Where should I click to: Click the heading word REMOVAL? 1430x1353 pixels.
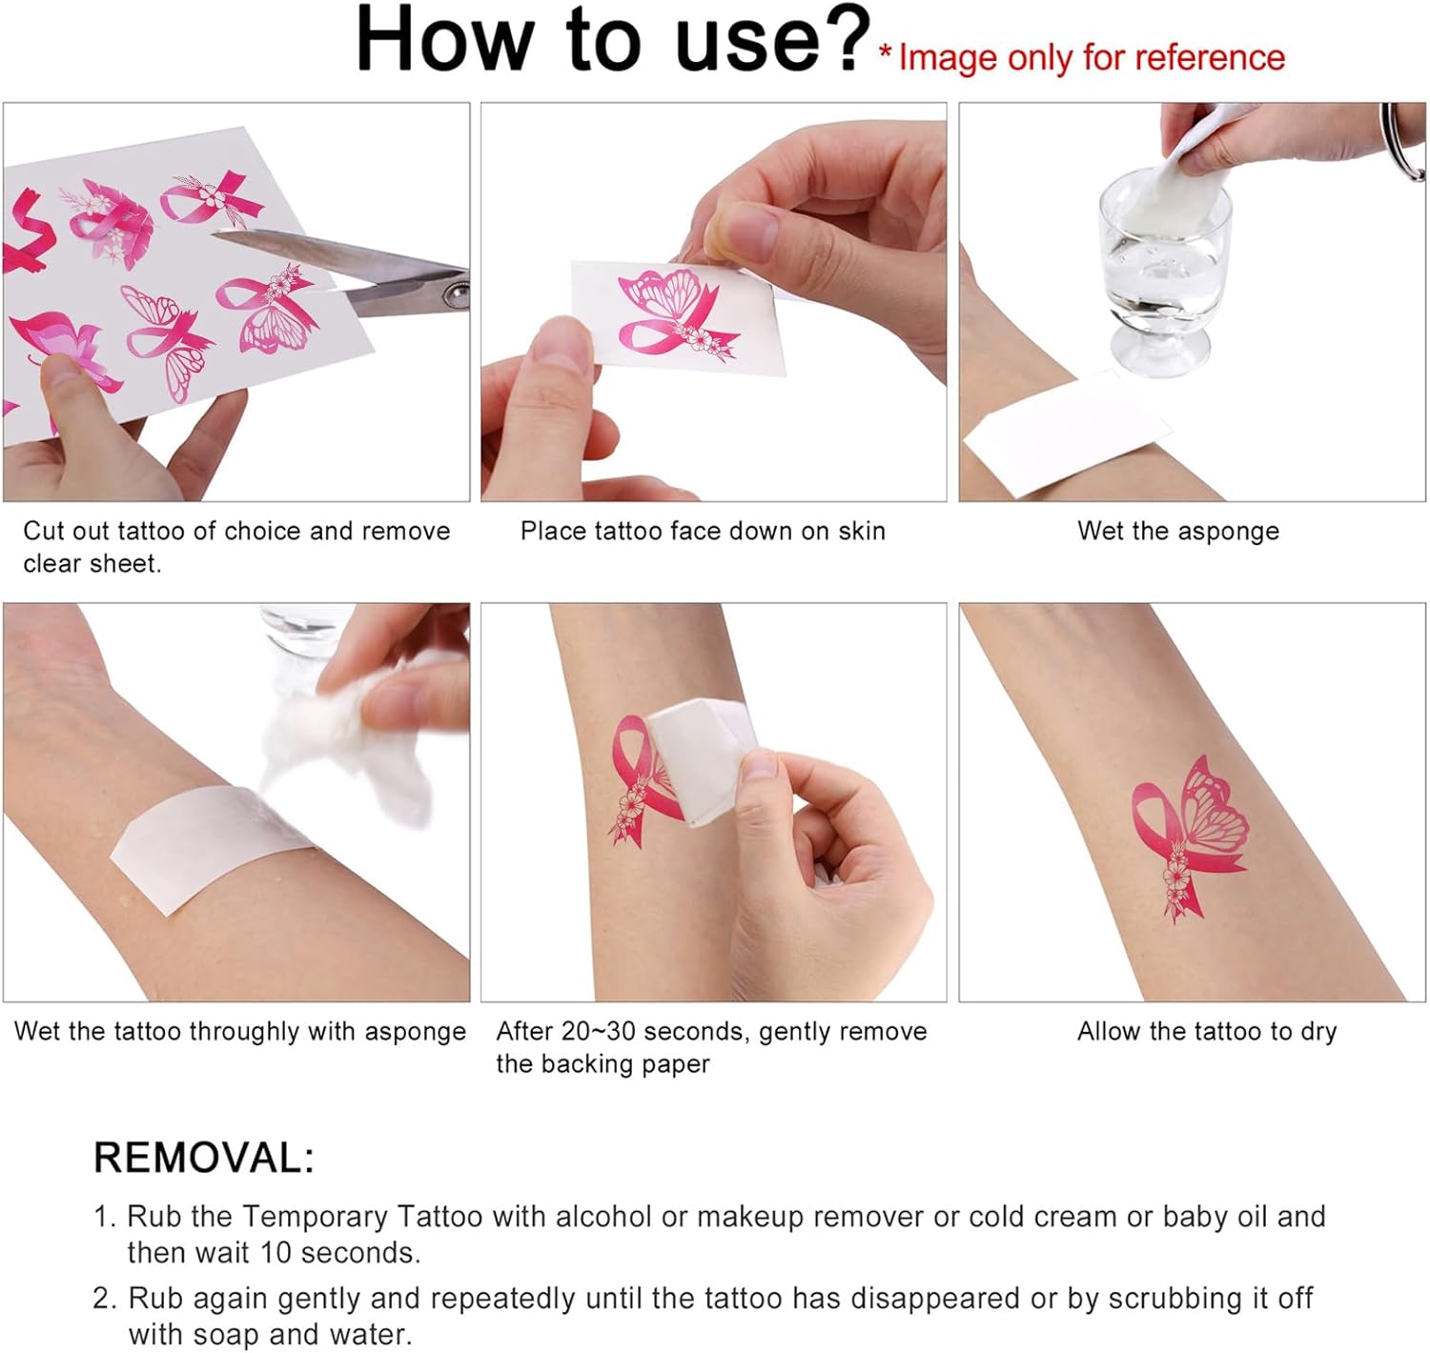(204, 1158)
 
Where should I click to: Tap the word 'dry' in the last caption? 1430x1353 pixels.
(1318, 1033)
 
